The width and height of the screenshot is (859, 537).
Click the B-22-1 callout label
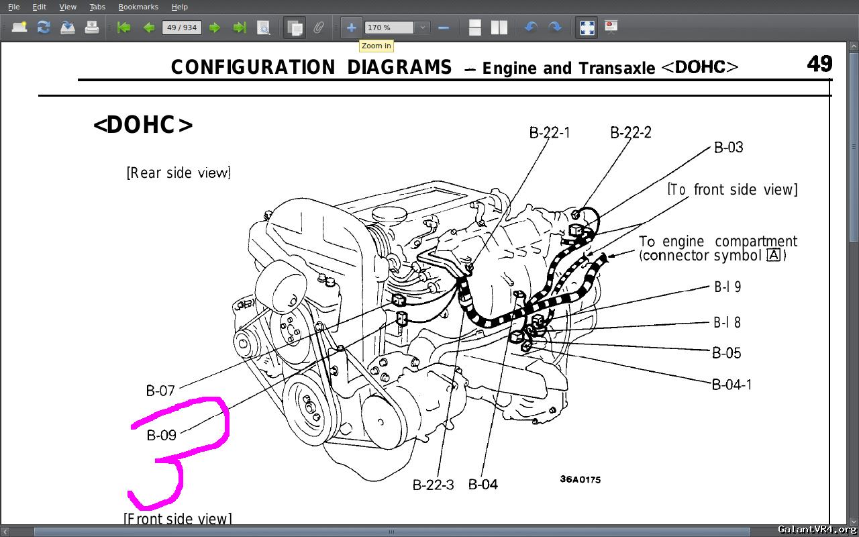click(550, 132)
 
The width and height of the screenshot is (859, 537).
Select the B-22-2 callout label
click(630, 132)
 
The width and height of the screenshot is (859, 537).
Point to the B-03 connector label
click(728, 148)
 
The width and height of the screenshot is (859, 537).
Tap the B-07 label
click(160, 390)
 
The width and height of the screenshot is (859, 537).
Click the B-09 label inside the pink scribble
click(162, 435)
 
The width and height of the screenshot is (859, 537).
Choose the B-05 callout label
click(726, 353)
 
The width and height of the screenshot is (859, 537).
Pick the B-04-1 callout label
click(731, 385)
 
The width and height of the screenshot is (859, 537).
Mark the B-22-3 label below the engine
click(433, 485)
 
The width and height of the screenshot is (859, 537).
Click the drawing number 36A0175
click(580, 479)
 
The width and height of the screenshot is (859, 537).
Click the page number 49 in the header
click(819, 64)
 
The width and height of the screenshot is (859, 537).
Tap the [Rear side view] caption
click(179, 173)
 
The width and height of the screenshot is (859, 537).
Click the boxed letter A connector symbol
click(774, 255)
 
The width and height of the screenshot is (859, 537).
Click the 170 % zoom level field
click(389, 28)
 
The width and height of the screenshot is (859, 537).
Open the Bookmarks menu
click(138, 7)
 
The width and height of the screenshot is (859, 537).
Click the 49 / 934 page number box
click(182, 28)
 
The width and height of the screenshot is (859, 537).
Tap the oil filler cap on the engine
click(386, 216)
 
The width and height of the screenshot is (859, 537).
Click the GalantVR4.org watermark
click(817, 530)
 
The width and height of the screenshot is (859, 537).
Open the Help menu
click(179, 7)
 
